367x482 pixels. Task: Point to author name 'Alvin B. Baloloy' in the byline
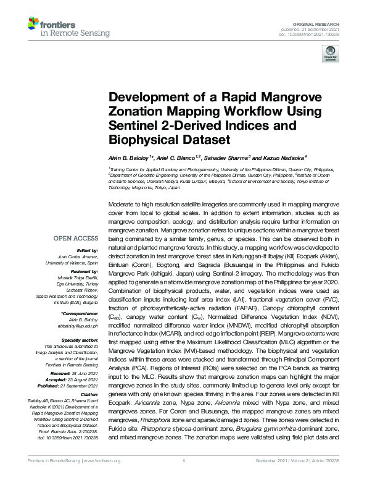(x=129, y=157)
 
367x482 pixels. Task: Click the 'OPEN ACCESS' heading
(x=75, y=237)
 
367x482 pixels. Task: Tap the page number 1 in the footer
(x=183, y=476)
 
